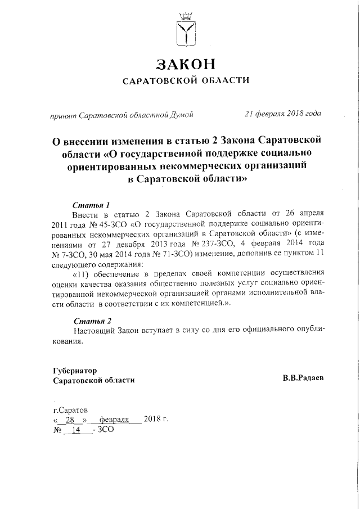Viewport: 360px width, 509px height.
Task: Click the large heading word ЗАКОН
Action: (185, 64)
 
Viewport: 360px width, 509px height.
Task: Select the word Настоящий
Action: (96, 330)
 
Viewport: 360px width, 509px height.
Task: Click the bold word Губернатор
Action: (75, 371)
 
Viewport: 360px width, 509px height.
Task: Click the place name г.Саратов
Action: (70, 411)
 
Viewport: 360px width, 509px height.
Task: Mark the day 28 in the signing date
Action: (70, 421)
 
